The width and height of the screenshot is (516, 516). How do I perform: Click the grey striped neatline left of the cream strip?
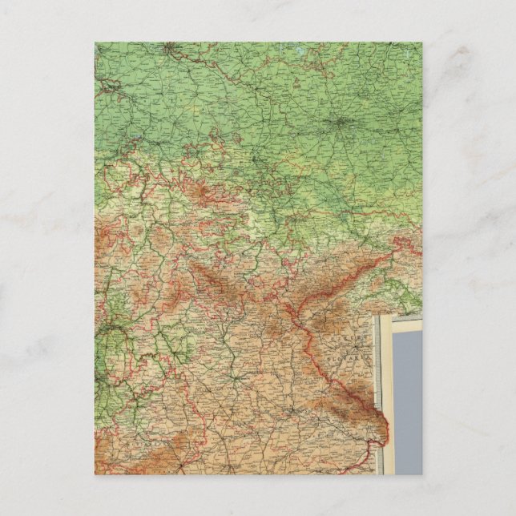(381, 401)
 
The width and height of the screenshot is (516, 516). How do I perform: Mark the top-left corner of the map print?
(95, 42)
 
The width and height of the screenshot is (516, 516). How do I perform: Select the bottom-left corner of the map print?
(95, 474)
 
